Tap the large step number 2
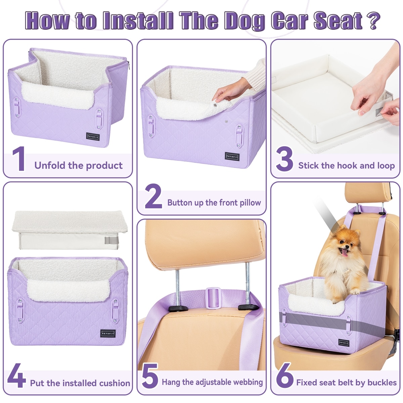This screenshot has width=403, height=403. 153,196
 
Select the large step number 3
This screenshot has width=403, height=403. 284,159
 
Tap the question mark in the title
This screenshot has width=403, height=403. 372,20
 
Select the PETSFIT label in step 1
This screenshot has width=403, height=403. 93,137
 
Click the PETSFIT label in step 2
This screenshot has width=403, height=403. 232,156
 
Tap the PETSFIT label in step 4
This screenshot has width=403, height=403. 108,333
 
